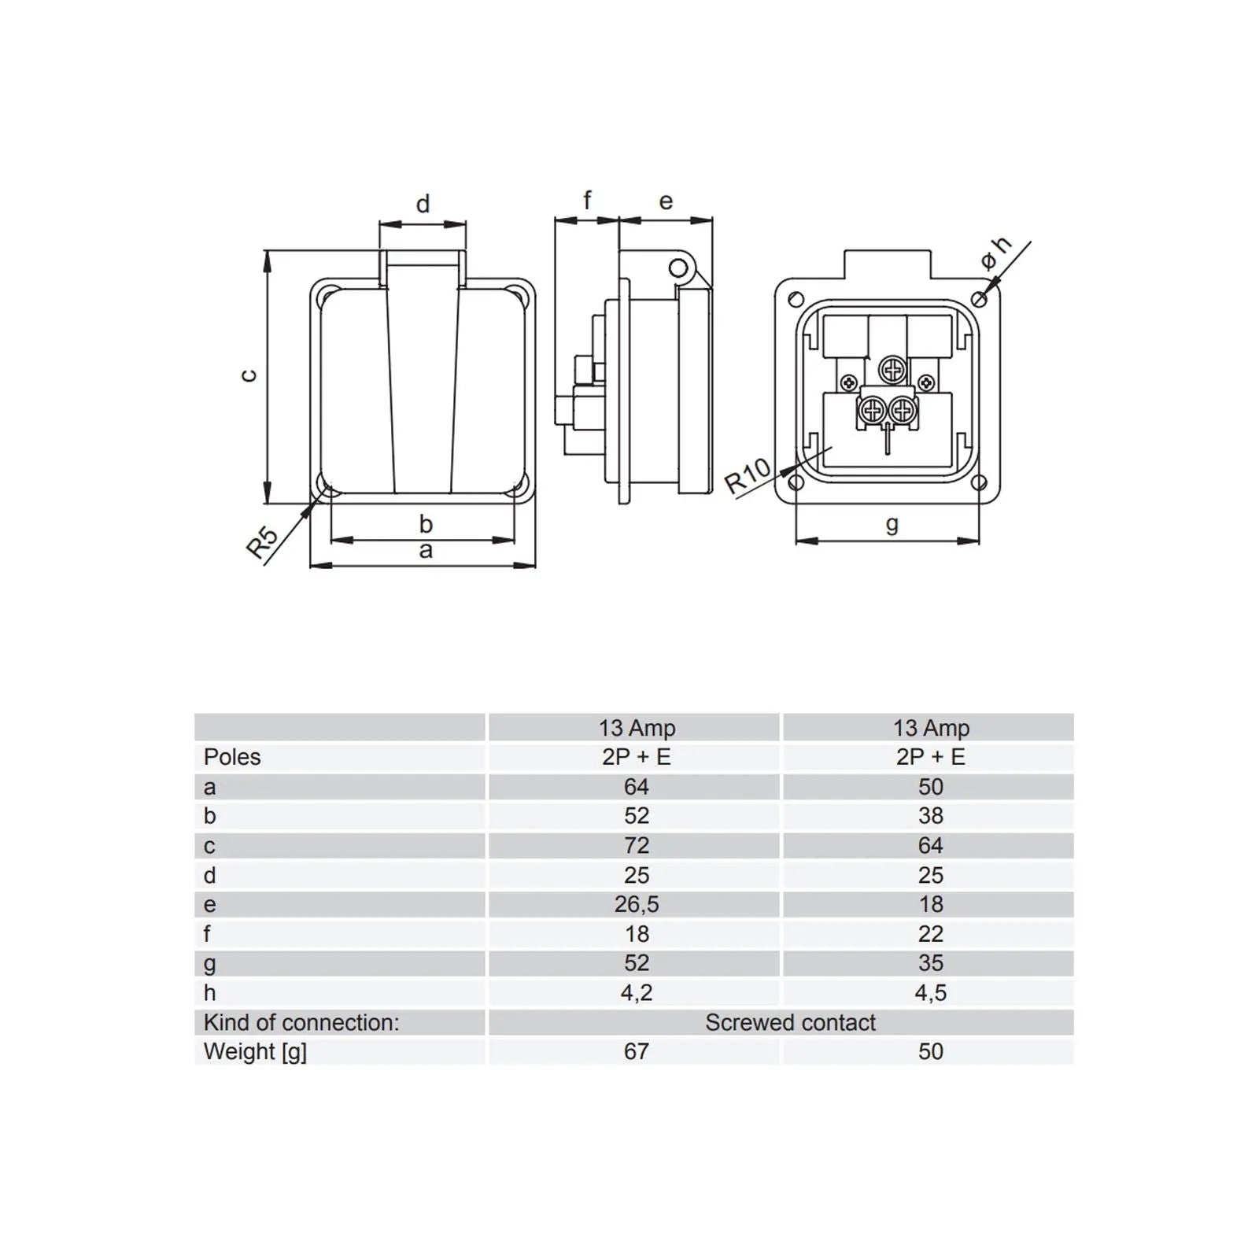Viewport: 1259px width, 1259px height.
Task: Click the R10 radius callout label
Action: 748,476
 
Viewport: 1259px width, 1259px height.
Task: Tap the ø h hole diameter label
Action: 995,253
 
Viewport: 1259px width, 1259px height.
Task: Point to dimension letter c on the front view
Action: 249,375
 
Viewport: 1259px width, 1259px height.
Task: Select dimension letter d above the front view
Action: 423,205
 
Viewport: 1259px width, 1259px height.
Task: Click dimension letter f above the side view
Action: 587,201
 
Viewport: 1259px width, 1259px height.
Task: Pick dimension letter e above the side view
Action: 666,202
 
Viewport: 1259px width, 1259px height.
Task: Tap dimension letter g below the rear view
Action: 892,525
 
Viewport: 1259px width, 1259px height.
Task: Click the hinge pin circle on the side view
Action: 677,269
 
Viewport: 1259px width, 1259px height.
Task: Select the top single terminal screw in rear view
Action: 892,367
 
